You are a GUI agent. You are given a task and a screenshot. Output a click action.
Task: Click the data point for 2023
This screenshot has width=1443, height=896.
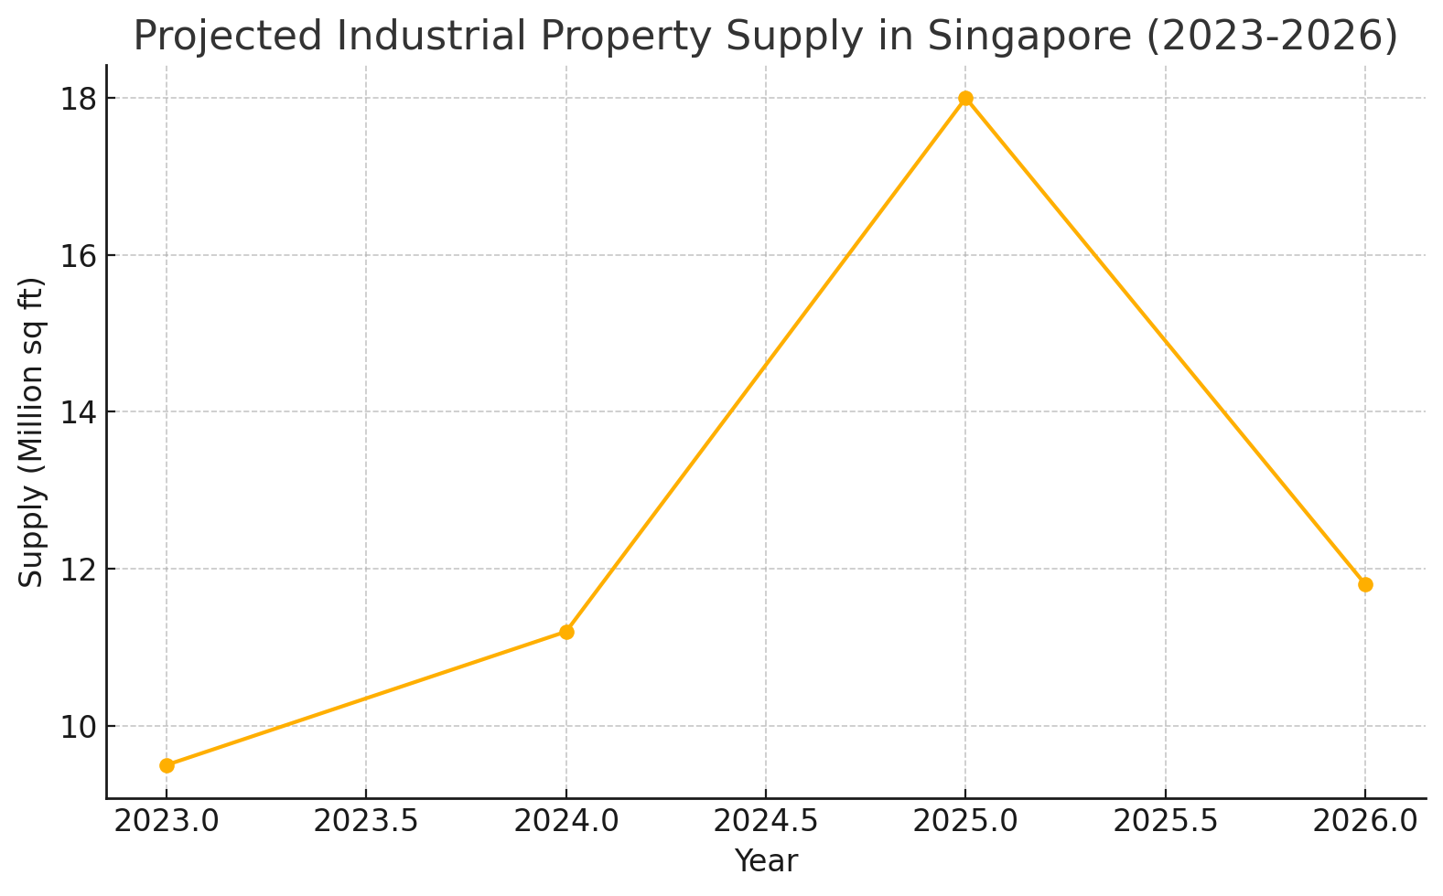coord(167,765)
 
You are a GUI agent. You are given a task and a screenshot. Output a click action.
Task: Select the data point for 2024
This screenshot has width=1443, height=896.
coord(566,632)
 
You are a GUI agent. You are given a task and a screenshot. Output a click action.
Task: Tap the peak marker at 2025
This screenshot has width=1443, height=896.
coord(965,99)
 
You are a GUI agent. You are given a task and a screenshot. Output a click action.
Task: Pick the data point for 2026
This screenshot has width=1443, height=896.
coord(1365,584)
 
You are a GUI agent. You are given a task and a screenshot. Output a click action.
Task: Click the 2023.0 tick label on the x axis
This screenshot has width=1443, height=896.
coord(167,821)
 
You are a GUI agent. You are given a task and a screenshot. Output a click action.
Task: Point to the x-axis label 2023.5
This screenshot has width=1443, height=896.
coord(366,821)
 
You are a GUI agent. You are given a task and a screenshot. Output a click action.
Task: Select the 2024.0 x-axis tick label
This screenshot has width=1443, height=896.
coord(566,821)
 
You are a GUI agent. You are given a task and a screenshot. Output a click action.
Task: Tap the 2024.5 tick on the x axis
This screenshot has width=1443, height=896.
coord(766,821)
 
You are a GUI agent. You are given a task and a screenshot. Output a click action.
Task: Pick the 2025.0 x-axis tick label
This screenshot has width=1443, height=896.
coord(965,821)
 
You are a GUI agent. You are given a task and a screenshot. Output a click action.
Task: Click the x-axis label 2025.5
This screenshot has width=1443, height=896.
coord(1166,821)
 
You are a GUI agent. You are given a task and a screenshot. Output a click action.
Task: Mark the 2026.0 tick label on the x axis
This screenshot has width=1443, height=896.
coord(1365,821)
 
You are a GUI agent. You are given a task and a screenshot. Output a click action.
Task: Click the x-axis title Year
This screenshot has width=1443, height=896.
coord(766,861)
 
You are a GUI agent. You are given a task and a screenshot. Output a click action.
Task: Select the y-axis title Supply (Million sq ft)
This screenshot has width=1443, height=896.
coord(32,432)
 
